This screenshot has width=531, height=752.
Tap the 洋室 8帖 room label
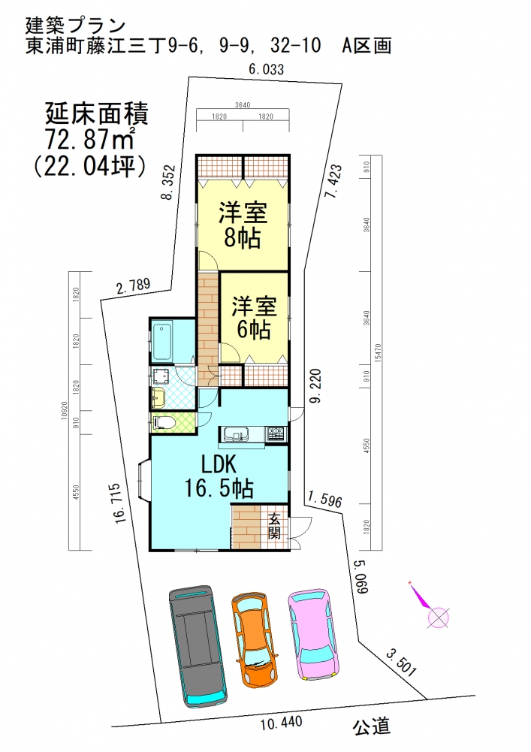point(240,225)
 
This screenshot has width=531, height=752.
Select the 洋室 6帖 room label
point(254,318)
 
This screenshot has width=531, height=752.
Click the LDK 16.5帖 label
point(219,476)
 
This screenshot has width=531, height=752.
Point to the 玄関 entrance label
point(275,526)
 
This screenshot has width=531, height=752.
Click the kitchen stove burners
point(276,434)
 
